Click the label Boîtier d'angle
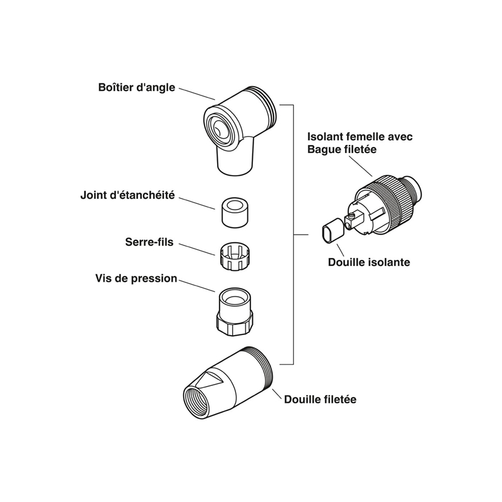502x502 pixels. (x=136, y=87)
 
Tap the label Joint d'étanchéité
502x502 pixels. (x=127, y=195)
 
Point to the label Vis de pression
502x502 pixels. (x=136, y=278)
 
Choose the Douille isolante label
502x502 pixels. (x=369, y=263)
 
